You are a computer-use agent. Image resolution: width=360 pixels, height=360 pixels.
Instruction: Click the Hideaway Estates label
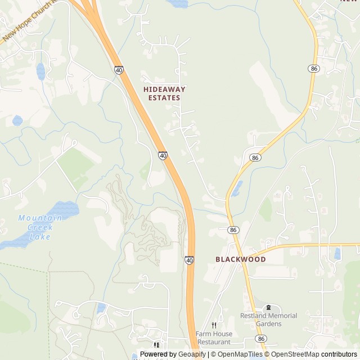point(164,93)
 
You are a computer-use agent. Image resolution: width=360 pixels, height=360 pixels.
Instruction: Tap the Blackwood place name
point(241,259)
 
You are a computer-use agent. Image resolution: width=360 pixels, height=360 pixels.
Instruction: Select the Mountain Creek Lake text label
point(35,227)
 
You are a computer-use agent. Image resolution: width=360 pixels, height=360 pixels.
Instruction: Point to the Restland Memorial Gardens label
point(268,319)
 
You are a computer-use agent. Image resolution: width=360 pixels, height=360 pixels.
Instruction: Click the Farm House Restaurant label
point(213,337)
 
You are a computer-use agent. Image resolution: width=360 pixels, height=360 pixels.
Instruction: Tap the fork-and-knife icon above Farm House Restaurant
point(214,325)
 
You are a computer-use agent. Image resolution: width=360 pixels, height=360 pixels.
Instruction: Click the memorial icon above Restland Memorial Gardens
point(268,308)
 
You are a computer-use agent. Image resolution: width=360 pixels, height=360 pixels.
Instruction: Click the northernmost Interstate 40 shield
point(119,70)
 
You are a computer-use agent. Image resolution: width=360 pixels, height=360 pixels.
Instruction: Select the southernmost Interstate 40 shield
point(190,260)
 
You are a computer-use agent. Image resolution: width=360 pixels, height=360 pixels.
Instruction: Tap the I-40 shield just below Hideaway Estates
point(163,155)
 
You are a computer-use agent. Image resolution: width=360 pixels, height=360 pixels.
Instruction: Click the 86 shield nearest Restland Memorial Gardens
point(260,338)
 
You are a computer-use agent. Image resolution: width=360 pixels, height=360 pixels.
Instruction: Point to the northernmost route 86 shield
point(313,68)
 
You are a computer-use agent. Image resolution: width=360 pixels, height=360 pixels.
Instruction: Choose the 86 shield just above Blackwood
point(233,230)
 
